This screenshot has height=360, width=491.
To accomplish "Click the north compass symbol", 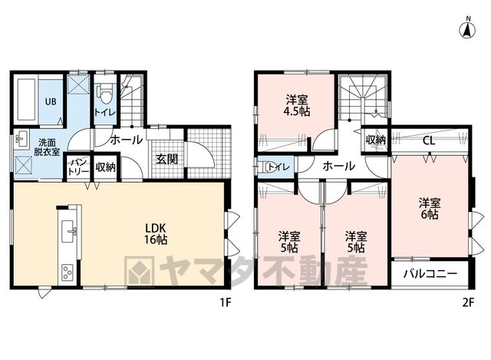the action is [467, 28].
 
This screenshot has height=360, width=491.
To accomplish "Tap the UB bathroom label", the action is [51, 101].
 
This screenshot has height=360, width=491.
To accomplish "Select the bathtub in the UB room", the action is [26, 100].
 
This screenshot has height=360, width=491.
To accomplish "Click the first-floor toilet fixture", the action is [104, 93].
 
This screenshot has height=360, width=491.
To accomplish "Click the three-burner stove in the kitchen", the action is [68, 272].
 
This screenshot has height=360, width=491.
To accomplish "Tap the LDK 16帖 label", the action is [155, 233].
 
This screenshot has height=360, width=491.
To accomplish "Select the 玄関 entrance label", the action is [167, 159].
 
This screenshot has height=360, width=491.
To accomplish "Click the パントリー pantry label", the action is [78, 167].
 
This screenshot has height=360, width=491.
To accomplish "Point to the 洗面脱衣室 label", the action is [47, 147].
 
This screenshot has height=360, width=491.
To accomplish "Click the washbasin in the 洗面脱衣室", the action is [21, 138].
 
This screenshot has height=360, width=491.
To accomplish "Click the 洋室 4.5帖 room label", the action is [298, 106].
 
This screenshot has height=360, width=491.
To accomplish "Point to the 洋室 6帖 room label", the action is [430, 209].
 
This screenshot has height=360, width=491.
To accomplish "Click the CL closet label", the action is [429, 140].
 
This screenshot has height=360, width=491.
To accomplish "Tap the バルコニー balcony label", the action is [430, 274].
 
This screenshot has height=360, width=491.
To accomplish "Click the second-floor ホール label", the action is [339, 166].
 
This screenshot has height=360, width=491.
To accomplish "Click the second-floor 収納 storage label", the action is [375, 140].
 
